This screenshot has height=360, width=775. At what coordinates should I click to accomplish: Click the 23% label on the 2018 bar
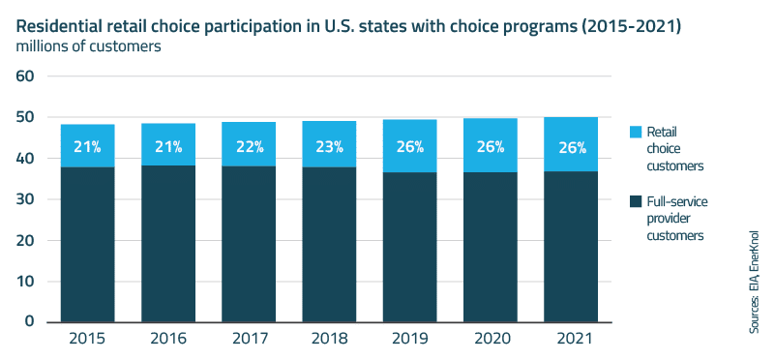pos(329,147)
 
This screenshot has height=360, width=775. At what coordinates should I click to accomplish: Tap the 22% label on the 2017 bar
pos(249,147)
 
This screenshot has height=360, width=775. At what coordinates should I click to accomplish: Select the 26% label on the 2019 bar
pos(410,147)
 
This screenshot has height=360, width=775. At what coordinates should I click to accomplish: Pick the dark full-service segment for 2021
pos(571,246)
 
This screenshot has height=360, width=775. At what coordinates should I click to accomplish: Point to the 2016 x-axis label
pos(168,340)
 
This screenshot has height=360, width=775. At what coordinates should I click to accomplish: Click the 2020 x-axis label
pos(491,340)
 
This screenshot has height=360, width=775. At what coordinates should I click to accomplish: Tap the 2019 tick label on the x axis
pos(410,340)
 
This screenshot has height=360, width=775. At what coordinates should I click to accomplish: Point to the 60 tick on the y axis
pos(23,76)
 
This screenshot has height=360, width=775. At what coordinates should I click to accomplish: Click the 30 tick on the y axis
pos(23,199)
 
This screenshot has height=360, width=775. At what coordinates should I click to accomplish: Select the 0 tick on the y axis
pos(29,321)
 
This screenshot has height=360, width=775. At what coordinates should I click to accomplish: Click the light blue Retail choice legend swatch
pos(635,131)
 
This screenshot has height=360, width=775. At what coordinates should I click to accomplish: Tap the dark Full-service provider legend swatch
pos(635,200)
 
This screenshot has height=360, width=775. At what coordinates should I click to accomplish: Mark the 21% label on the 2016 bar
pos(168,147)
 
